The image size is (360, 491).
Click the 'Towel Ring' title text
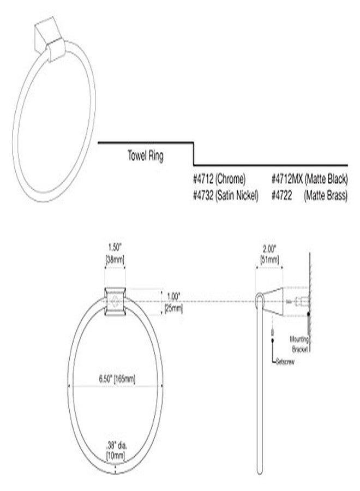(145, 155)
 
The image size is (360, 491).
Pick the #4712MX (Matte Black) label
(309, 178)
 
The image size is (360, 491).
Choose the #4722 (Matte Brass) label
(309, 194)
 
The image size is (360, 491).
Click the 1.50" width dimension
(115, 246)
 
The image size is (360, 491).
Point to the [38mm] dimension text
(115, 259)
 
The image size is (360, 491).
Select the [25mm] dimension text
(174, 308)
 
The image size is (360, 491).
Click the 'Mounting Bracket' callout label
(299, 342)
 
